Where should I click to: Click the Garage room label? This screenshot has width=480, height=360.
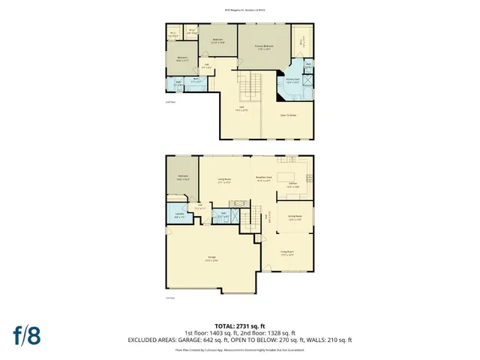[x=212, y=259]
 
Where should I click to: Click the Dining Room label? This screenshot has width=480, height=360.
[x=294, y=217]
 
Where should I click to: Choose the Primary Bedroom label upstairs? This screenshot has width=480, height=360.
[x=263, y=47]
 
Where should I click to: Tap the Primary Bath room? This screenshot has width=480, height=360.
[x=292, y=80]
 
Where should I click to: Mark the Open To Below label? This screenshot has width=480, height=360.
[x=289, y=115]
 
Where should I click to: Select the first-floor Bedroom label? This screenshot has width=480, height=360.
[x=182, y=178]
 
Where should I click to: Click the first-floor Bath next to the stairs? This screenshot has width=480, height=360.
[x=223, y=215]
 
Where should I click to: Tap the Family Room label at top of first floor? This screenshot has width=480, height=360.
[x=223, y=179]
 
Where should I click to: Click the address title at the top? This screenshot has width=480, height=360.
[x=240, y=10]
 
